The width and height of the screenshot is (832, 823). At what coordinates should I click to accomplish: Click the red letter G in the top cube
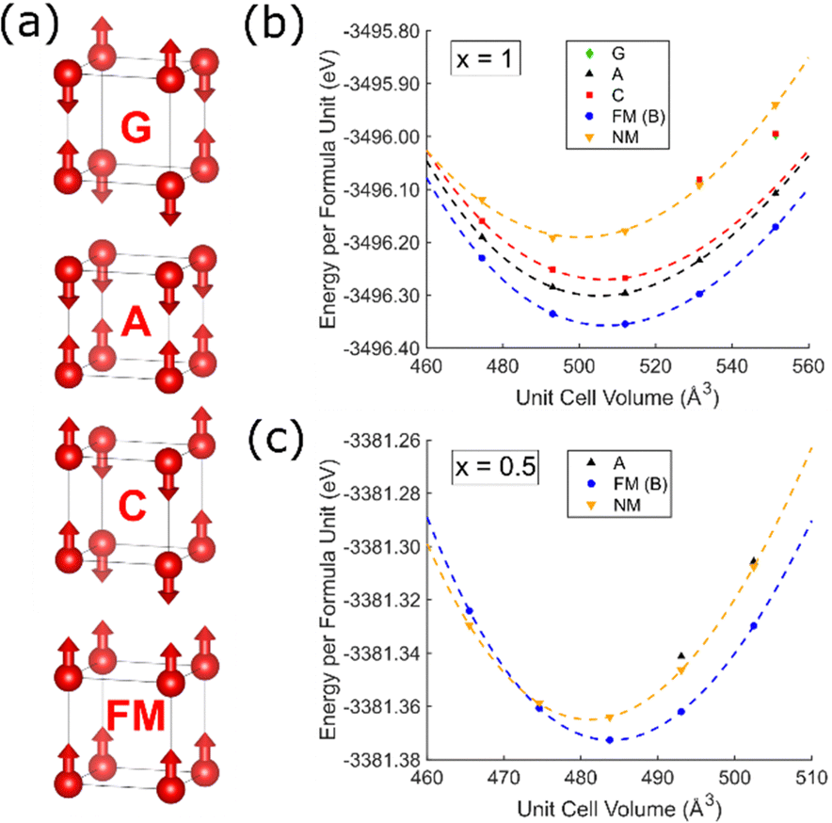coord(137,129)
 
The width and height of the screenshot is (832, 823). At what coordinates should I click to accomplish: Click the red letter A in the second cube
coord(137,325)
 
